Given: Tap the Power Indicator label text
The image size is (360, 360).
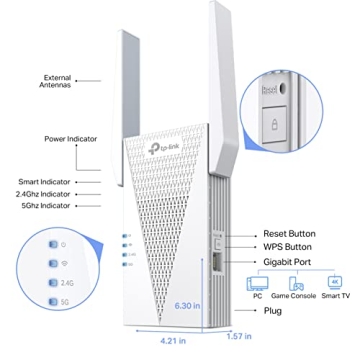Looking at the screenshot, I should (71, 139).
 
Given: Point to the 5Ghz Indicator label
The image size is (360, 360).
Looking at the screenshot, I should (71, 204).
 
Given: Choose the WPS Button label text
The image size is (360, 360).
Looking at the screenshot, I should (290, 245).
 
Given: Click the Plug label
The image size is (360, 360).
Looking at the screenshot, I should (273, 311).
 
